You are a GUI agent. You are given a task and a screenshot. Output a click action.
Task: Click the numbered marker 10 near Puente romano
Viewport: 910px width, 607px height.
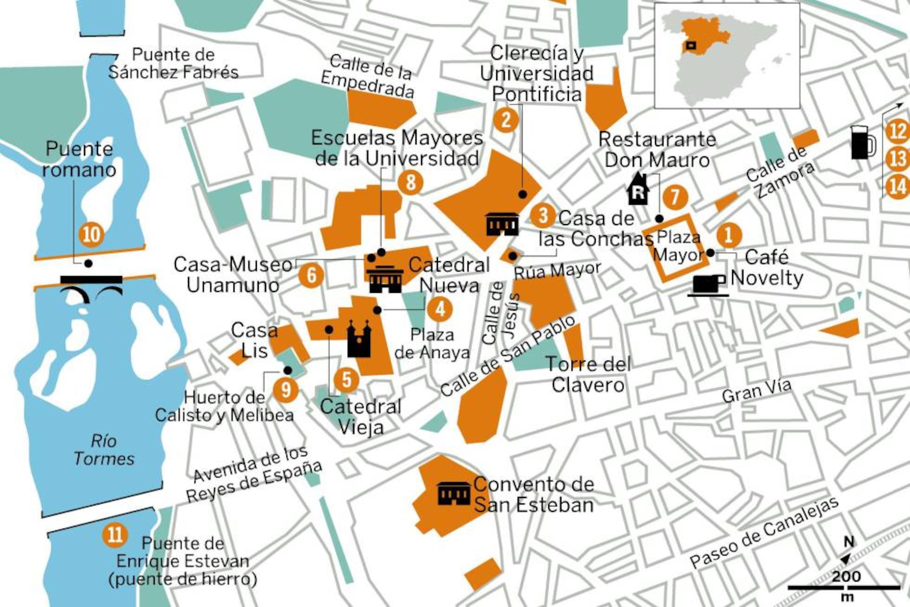coord(91,234)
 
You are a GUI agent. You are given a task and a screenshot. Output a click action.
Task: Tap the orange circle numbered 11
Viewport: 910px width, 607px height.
coord(115,534)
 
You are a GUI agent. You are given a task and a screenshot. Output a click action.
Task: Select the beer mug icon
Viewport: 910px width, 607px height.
coord(863,142)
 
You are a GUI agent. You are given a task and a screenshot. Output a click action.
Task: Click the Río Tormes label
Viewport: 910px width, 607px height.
coord(104,450)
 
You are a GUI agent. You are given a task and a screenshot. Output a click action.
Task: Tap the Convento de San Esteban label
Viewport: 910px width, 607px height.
coord(533,494)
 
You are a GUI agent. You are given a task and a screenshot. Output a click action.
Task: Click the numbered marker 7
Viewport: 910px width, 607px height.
coord(675,197)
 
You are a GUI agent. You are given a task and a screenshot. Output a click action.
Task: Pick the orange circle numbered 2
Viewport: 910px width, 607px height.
coord(506,120)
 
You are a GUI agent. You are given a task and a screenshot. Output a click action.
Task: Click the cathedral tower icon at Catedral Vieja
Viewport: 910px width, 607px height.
coord(359,339)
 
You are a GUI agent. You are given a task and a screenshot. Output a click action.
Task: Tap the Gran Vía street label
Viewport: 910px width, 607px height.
coord(756,391)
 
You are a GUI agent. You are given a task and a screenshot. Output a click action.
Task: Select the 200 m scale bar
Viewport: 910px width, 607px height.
coord(844,588)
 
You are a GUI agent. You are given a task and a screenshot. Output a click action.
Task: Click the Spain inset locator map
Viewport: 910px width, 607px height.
coord(727,56)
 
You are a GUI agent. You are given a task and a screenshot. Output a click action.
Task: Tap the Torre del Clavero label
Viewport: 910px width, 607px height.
coord(588,375)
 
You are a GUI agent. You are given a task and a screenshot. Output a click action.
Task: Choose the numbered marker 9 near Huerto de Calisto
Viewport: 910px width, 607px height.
coord(286,389)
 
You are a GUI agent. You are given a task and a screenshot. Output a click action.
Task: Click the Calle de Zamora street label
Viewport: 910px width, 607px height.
coord(780,173)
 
